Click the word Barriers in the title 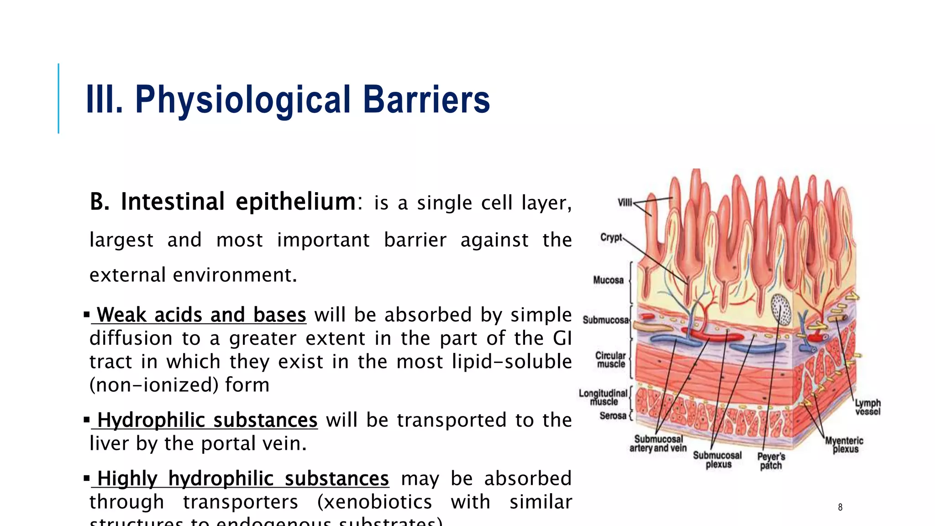click(426, 100)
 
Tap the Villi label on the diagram click(625, 202)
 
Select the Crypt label click(611, 237)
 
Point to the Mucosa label click(608, 280)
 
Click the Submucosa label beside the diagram click(605, 320)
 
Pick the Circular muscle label click(610, 360)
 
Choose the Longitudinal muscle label click(603, 397)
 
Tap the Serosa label click(613, 416)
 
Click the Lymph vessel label click(867, 407)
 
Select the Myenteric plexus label click(844, 445)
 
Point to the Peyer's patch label click(771, 461)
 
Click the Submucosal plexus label click(717, 460)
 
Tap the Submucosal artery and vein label click(658, 443)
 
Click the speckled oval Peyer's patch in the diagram click(780, 310)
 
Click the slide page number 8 click(840, 507)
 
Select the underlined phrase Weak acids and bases click(201, 315)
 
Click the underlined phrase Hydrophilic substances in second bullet click(207, 420)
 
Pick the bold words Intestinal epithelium click(237, 202)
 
